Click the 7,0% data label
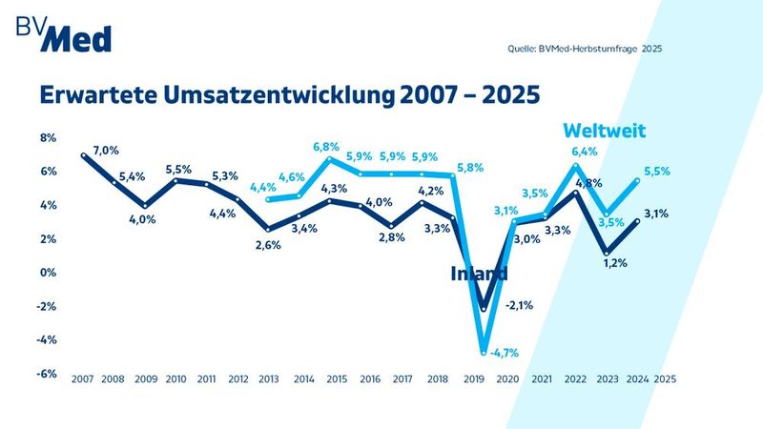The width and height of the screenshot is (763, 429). coord(106,151)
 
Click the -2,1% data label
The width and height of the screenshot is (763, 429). coord(519,305)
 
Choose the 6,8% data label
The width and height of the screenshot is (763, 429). coord(327,147)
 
